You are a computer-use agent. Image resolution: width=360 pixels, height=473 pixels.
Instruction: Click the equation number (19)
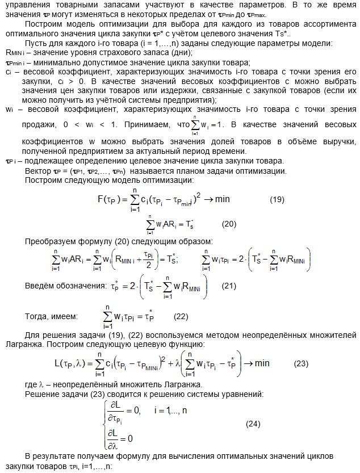pos(277,199)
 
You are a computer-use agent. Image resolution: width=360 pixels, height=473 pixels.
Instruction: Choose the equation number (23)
pos(300,362)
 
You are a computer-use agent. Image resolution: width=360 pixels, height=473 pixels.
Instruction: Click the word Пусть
pos(36,44)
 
